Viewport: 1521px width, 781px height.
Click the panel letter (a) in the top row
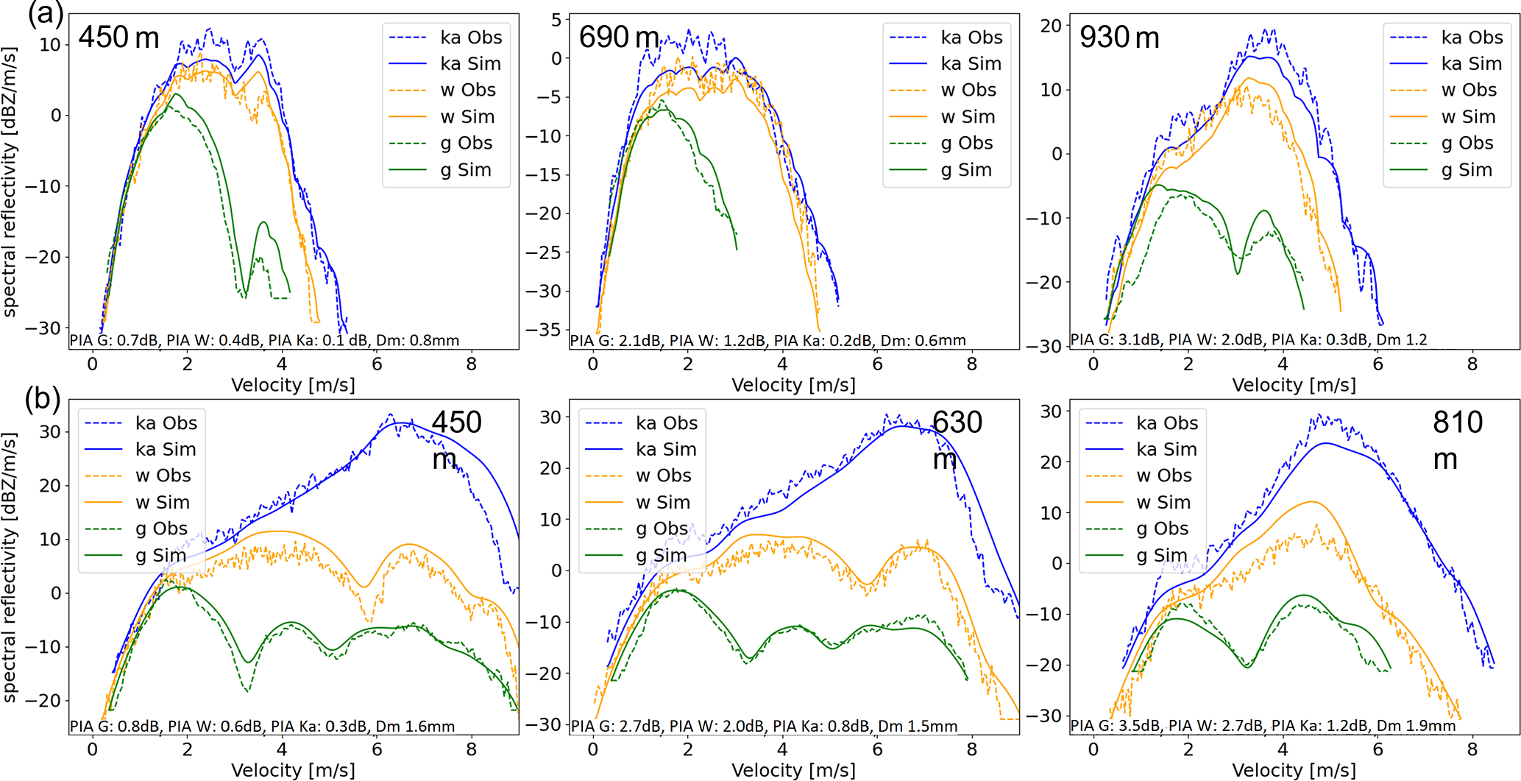click(45, 14)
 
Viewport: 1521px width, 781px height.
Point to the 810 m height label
click(1457, 439)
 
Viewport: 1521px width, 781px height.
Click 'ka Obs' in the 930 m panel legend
click(1472, 38)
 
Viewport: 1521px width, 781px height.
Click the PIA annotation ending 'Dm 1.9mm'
click(1262, 726)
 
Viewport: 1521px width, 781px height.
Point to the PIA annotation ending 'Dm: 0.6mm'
click(767, 340)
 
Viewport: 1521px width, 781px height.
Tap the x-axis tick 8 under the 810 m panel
click(1472, 749)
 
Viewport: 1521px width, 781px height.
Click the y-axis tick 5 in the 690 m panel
click(556, 20)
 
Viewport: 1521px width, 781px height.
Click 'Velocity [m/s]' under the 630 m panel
click(793, 770)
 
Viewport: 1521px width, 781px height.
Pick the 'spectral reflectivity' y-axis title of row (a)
click(10, 182)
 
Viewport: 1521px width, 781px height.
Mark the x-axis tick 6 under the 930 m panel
click(1378, 364)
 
